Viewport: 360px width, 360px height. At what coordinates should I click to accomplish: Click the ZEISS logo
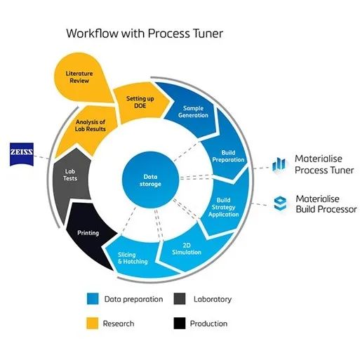(x=22, y=154)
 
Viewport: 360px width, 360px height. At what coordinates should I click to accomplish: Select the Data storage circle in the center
(x=150, y=180)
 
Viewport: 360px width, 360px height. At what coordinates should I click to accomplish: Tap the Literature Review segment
(x=79, y=77)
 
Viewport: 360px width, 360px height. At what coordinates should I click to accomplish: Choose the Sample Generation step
(x=192, y=112)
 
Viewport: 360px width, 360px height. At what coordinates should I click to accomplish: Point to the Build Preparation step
(x=227, y=154)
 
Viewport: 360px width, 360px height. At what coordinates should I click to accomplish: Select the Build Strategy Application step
(x=224, y=206)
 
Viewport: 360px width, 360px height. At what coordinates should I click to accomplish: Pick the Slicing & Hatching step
(x=133, y=258)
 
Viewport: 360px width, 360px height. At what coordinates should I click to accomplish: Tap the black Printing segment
(x=89, y=234)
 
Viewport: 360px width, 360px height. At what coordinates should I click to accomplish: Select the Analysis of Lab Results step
(x=89, y=128)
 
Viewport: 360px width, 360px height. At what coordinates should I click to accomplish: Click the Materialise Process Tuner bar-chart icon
(x=279, y=164)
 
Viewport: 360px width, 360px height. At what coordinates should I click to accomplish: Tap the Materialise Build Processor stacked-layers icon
(x=280, y=204)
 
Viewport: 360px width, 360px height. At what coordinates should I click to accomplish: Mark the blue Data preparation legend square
(x=93, y=298)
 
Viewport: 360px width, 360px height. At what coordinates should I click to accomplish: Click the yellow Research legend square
(x=92, y=323)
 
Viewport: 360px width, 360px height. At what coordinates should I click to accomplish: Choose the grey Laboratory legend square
(x=180, y=298)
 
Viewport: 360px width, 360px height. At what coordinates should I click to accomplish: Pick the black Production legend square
(x=180, y=323)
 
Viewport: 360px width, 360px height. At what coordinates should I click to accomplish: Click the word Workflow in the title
(x=93, y=33)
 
